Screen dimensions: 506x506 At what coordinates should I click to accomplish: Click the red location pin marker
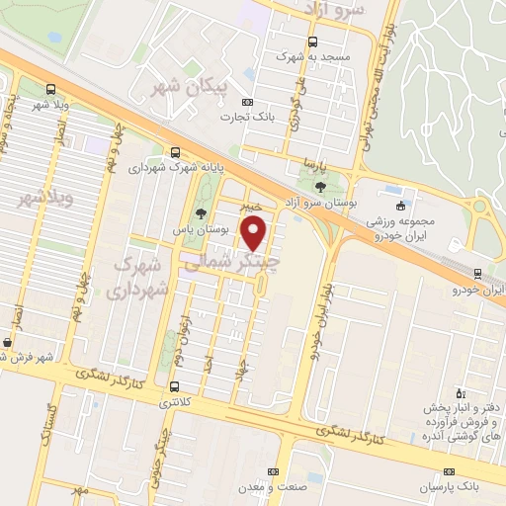tap(255, 235)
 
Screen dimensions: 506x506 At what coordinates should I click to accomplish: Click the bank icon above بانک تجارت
tap(247, 102)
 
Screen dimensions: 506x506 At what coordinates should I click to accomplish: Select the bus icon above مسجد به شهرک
tap(313, 42)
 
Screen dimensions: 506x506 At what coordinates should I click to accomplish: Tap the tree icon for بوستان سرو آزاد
tap(319, 185)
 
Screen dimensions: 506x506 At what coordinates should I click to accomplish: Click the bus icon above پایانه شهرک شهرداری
tap(175, 152)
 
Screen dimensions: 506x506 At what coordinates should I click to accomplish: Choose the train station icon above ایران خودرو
tap(478, 274)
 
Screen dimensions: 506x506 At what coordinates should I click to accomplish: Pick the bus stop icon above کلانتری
tap(175, 386)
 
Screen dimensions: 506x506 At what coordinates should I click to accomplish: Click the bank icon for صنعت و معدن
tap(274, 471)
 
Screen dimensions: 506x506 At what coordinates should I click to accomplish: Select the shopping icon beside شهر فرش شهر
tap(9, 343)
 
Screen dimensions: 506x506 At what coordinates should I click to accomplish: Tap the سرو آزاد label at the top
tap(344, 9)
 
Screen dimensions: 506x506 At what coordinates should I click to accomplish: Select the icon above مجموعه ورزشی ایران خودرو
tap(399, 207)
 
